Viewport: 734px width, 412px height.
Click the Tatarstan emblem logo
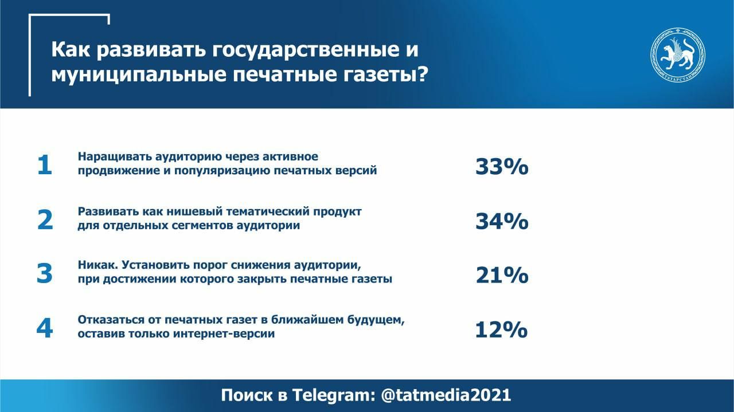[x=678, y=54]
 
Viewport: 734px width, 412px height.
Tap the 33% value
[x=502, y=166]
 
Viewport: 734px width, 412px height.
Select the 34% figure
[x=502, y=221]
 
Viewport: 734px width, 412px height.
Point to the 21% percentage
[x=502, y=275]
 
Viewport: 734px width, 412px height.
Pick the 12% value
[x=501, y=329]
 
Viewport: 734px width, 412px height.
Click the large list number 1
[x=45, y=165]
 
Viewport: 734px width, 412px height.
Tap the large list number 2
[x=45, y=220]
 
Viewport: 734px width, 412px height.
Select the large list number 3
[x=45, y=273]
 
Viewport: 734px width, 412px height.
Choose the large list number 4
[x=45, y=328]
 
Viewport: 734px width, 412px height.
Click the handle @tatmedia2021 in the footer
[x=446, y=395]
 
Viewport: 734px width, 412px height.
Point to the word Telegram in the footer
[x=334, y=395]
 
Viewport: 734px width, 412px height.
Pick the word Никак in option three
[x=97, y=265]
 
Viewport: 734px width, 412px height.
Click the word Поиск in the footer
[x=247, y=395]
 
